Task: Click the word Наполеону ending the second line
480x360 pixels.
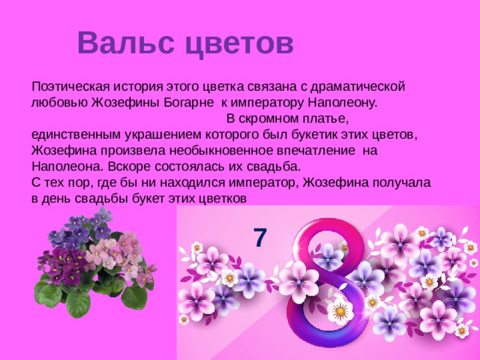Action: (x=341, y=102)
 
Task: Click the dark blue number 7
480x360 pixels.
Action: (x=259, y=237)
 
